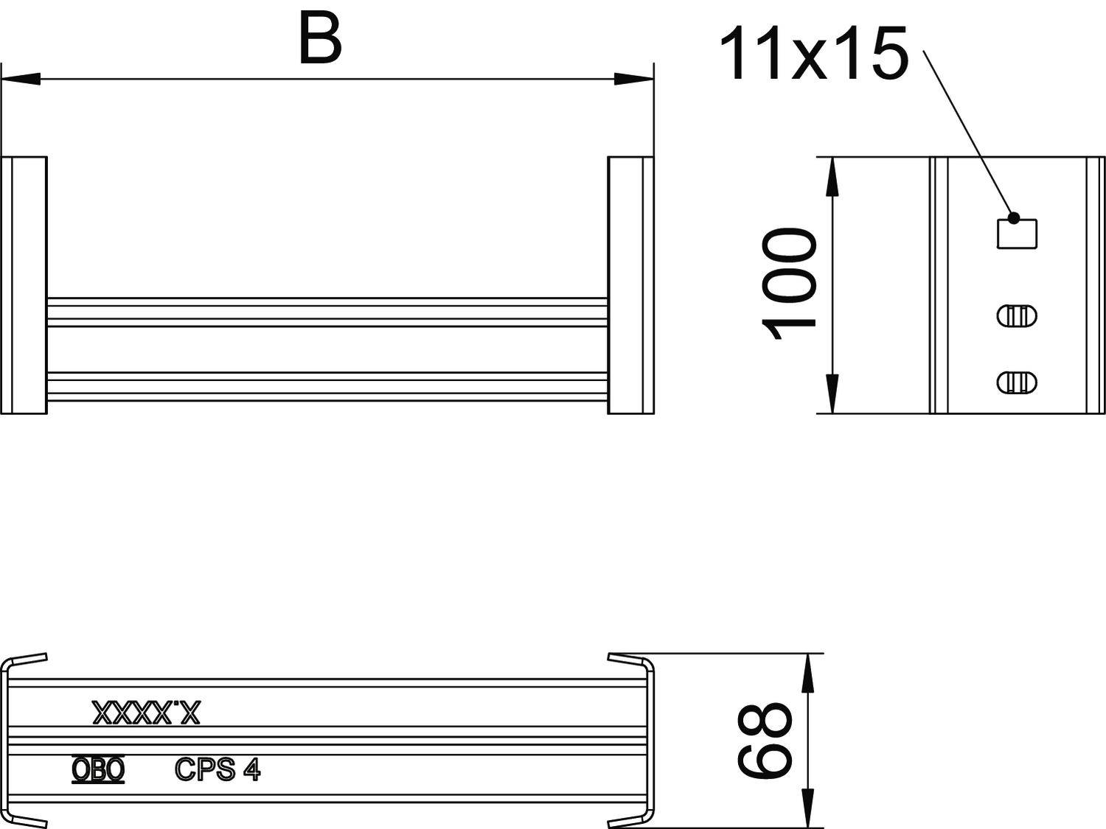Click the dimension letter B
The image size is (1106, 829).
click(320, 39)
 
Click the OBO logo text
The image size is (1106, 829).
click(98, 769)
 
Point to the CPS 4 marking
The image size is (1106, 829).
click(218, 769)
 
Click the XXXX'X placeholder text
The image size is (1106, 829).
click(146, 713)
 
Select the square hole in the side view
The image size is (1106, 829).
click(1017, 234)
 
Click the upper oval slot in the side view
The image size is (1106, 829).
click(1017, 315)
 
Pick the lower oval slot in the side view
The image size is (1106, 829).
click(1017, 382)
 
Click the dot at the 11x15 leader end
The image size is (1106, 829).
click(1014, 218)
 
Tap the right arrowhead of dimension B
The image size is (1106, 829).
click(634, 78)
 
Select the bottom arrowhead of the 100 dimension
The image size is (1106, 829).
click(832, 394)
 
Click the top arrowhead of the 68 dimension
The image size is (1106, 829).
click(808, 671)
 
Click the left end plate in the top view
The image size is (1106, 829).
click(25, 284)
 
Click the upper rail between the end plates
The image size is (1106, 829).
click(327, 312)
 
